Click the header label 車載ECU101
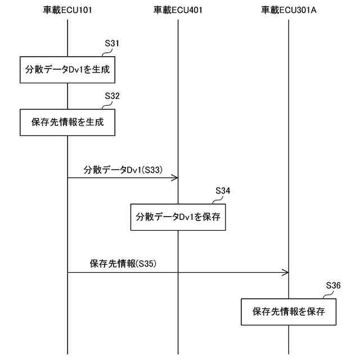pyautogui.click(x=67, y=10)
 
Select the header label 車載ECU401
pyautogui.click(x=178, y=10)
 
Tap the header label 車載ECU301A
pyautogui.click(x=289, y=10)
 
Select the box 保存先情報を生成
pyautogui.click(x=67, y=122)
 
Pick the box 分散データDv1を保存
pyautogui.click(x=178, y=217)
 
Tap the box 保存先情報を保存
pyautogui.click(x=289, y=311)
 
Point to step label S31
pyautogui.click(x=112, y=43)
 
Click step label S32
pyautogui.click(x=112, y=96)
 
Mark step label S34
pyautogui.click(x=223, y=190)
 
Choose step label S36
pyautogui.click(x=334, y=285)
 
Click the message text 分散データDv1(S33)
pyautogui.click(x=123, y=169)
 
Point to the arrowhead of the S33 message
pyautogui.click(x=175, y=178)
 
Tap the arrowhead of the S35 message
pyautogui.click(x=286, y=273)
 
